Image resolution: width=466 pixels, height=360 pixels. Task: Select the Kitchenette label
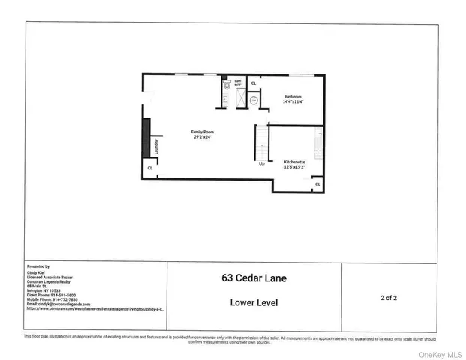click(x=294, y=165)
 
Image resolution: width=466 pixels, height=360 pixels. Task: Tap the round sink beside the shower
click(x=254, y=99)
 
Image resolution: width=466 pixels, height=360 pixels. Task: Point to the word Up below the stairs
click(x=262, y=163)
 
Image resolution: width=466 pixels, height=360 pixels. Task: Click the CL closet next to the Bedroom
click(x=253, y=82)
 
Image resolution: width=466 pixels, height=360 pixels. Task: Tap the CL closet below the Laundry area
click(x=150, y=169)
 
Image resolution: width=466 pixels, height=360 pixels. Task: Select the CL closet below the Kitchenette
click(x=317, y=184)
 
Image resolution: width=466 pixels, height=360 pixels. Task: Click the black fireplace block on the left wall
click(x=146, y=137)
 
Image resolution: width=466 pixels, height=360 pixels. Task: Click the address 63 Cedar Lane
click(x=254, y=278)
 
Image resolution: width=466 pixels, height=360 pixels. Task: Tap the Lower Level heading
click(x=254, y=302)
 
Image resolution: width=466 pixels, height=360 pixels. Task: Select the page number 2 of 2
click(x=389, y=298)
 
